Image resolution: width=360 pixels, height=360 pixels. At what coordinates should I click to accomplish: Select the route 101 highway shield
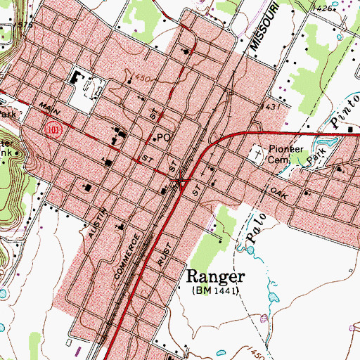[x=50, y=130]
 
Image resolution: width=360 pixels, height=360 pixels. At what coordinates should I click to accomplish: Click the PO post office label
[x=165, y=138]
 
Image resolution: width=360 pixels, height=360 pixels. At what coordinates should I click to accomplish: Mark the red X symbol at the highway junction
[x=181, y=181]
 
